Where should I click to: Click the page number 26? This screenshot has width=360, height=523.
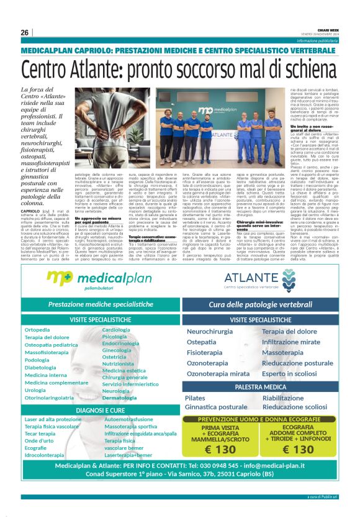(x=25, y=32)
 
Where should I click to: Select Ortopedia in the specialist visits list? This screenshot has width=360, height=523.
(x=37, y=330)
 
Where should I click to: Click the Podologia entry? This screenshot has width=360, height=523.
(x=37, y=360)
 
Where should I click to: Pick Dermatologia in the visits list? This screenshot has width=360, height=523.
(x=119, y=398)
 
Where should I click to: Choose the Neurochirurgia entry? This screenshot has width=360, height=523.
(x=210, y=332)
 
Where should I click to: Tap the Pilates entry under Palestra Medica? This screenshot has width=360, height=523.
(x=195, y=398)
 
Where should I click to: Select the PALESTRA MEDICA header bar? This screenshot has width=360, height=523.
(x=260, y=387)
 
